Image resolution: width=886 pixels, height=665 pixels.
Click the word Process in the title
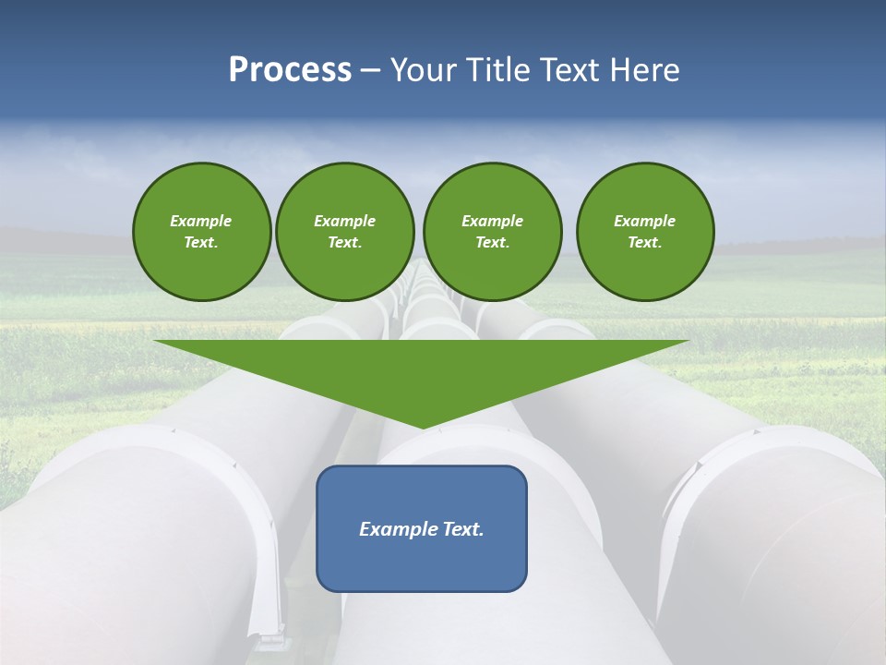290,70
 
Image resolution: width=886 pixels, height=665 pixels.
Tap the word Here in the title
642,70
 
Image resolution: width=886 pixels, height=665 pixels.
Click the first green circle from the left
202,232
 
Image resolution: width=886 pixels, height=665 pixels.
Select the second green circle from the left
345,232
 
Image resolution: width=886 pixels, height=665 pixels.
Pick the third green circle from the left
492,232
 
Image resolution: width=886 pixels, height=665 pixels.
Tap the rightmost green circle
645,232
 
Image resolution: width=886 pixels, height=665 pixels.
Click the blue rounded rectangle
422,528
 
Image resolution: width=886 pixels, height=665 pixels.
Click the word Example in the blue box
397,529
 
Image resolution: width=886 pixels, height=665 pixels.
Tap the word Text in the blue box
461,529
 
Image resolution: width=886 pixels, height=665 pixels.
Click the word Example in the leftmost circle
201,221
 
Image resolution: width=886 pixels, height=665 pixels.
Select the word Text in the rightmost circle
643,243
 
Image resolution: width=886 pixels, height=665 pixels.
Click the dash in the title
370,70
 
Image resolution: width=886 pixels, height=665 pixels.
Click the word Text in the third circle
491,243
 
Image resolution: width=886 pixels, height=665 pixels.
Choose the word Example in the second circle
345,221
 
